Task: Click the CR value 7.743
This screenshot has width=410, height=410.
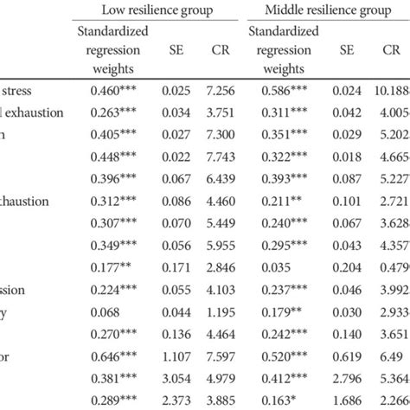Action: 221,156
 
